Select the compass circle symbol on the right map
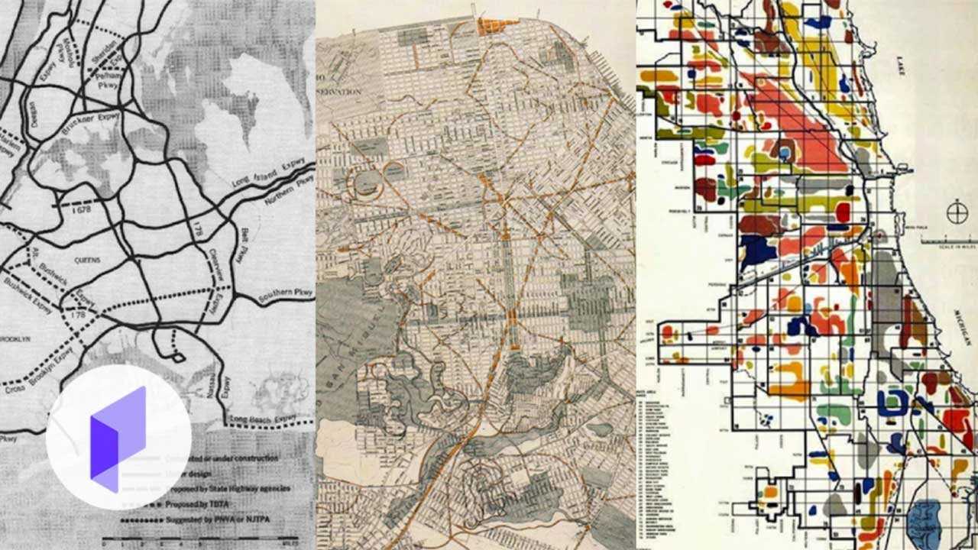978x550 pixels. click(957, 212)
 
